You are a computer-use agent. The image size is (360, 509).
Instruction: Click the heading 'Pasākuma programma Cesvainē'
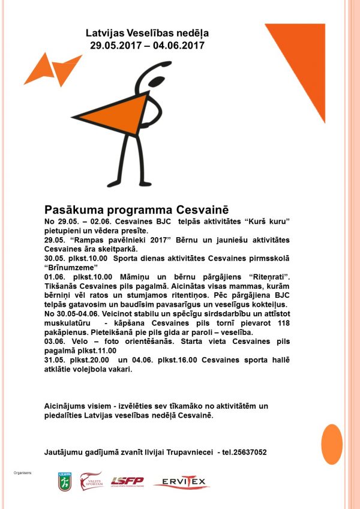[x=137, y=210]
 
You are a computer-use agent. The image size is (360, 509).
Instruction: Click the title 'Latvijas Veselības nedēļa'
[x=147, y=33]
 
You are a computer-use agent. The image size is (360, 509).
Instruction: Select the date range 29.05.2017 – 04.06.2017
[x=147, y=45]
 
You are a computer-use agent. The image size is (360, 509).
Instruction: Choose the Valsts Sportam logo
[x=92, y=481]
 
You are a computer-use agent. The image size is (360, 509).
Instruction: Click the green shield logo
[x=64, y=481]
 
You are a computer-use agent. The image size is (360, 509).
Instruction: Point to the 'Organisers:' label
[x=22, y=474]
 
